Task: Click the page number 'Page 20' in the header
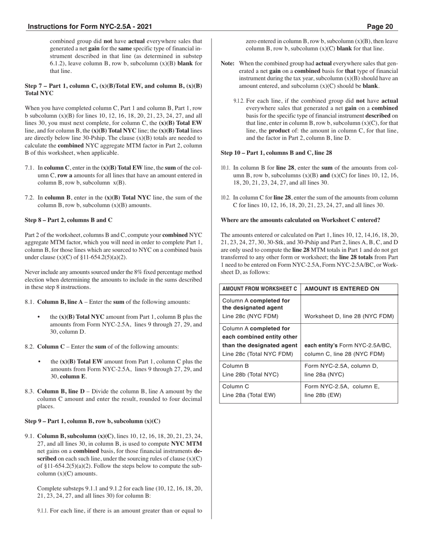click(380, 27)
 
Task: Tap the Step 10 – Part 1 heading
click(276, 153)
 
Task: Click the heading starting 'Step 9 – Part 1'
click(93, 421)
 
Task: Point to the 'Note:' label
click(228, 64)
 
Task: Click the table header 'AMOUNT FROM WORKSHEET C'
click(260, 289)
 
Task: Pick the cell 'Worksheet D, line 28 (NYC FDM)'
click(349, 317)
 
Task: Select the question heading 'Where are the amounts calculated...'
click(301, 220)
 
